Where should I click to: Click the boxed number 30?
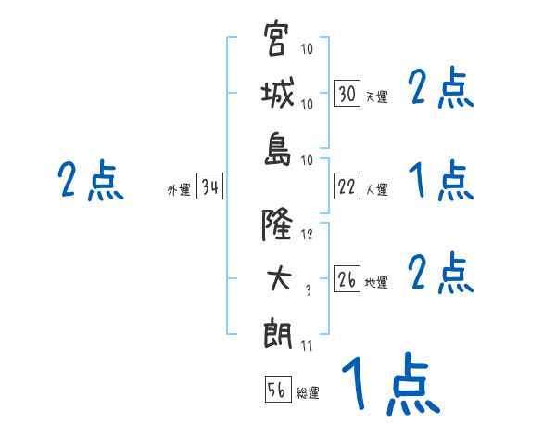coord(347,95)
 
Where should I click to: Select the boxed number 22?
coord(347,186)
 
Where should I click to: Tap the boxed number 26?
coord(347,280)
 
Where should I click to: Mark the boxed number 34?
coord(209,188)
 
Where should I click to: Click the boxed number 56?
coord(277,390)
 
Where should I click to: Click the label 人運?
coord(376,189)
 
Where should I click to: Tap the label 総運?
coord(308,392)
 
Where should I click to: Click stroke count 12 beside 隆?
coord(308,235)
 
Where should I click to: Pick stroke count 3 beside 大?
coord(308,290)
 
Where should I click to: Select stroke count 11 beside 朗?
coord(307,346)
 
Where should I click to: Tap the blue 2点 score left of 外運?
coord(90,181)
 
